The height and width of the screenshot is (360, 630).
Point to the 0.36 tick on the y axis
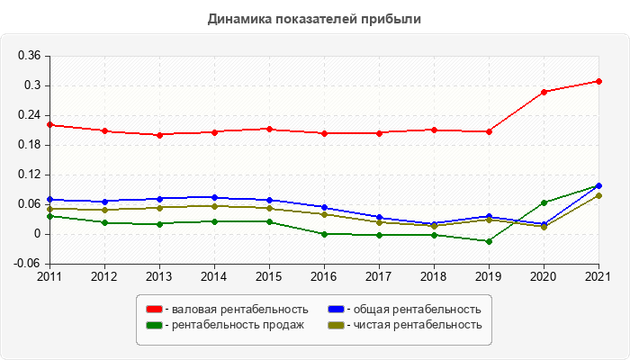[29, 56]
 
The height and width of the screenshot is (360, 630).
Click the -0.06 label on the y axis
[27, 264]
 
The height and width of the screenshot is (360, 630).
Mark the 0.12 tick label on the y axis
[29, 175]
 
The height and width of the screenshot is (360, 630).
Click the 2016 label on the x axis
[324, 276]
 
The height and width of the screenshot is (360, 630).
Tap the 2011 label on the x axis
[49, 276]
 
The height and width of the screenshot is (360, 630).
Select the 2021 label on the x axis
[598, 276]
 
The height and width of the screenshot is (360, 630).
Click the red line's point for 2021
[598, 81]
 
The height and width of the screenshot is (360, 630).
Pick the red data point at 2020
[544, 92]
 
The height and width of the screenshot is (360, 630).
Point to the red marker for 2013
[159, 135]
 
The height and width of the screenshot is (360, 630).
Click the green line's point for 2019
[489, 241]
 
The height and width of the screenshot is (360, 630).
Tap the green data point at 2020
[544, 202]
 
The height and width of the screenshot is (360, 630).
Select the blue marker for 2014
[214, 197]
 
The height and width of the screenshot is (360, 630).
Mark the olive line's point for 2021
[598, 195]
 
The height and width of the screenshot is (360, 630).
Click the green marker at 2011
[49, 216]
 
